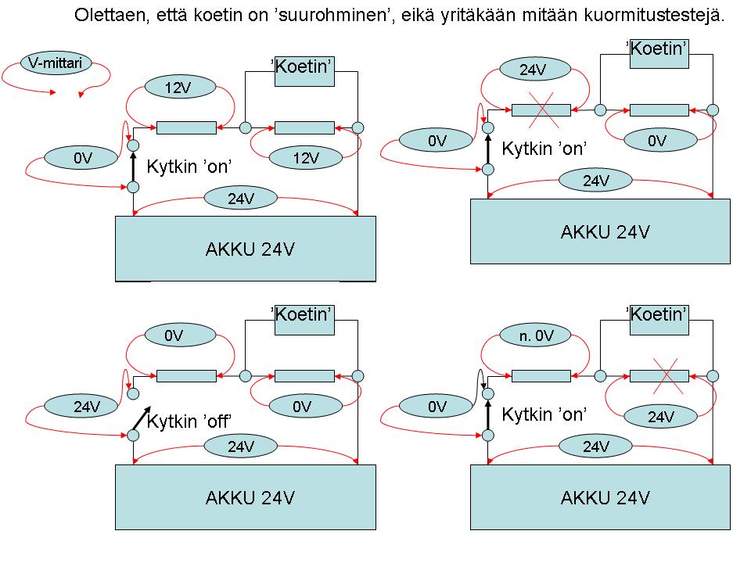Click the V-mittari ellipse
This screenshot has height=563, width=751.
(56, 62)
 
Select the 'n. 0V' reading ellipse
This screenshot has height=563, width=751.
(537, 335)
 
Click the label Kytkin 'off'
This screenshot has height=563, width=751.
(191, 421)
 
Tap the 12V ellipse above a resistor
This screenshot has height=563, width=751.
(178, 88)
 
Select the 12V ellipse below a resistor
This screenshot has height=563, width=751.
(306, 157)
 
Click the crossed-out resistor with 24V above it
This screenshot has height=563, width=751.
(541, 109)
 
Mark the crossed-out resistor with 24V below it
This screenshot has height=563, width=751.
(659, 375)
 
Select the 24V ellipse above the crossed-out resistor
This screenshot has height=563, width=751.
(533, 70)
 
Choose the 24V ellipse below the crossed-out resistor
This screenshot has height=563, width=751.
(660, 416)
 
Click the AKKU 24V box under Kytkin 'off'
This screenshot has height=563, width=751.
(246, 497)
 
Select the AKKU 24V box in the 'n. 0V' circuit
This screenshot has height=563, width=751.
(600, 497)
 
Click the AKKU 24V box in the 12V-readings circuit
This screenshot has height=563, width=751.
(246, 249)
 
